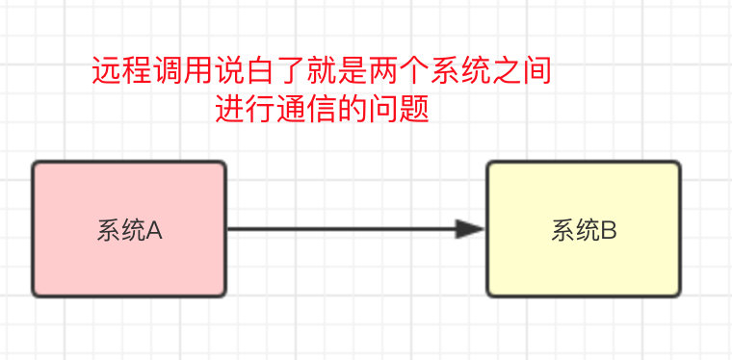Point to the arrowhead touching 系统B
(471, 229)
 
